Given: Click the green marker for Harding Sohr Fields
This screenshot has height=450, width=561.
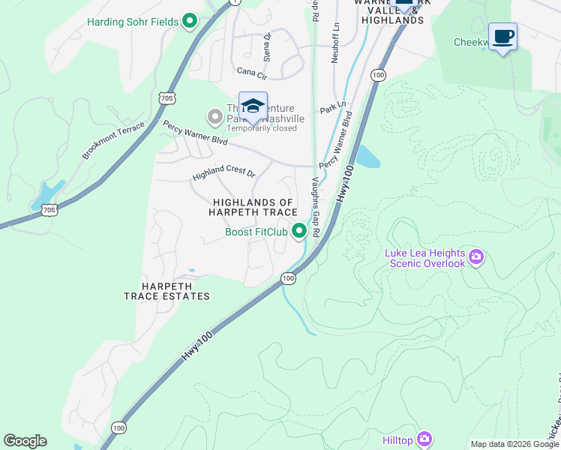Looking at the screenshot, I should coord(190,22).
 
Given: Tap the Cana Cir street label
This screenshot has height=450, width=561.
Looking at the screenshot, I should coord(252,72).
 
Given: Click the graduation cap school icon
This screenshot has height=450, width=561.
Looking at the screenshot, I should coord(253,106).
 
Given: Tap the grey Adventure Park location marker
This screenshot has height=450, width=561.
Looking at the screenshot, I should coord(215,115).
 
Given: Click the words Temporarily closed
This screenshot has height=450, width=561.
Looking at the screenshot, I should coord(262,128).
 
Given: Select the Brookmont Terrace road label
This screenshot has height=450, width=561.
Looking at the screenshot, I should coord(113,140).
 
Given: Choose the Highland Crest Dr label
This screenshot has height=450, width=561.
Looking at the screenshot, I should coord(223,173).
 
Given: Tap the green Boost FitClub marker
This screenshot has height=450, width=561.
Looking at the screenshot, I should coord(299,231).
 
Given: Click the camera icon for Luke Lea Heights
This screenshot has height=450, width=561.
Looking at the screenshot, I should coord(475,259).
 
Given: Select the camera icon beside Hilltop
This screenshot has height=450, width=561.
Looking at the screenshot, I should coord(424,438).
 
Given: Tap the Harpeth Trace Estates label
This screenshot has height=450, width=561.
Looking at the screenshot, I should coord(166,291).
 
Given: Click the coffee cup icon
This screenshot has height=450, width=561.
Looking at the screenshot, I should coord(502,36).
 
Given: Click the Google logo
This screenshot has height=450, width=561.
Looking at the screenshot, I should coord(25,441).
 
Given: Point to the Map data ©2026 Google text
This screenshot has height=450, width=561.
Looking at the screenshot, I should coord(514,444).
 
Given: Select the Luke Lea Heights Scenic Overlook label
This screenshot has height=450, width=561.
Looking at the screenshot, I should coord(424,259).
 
